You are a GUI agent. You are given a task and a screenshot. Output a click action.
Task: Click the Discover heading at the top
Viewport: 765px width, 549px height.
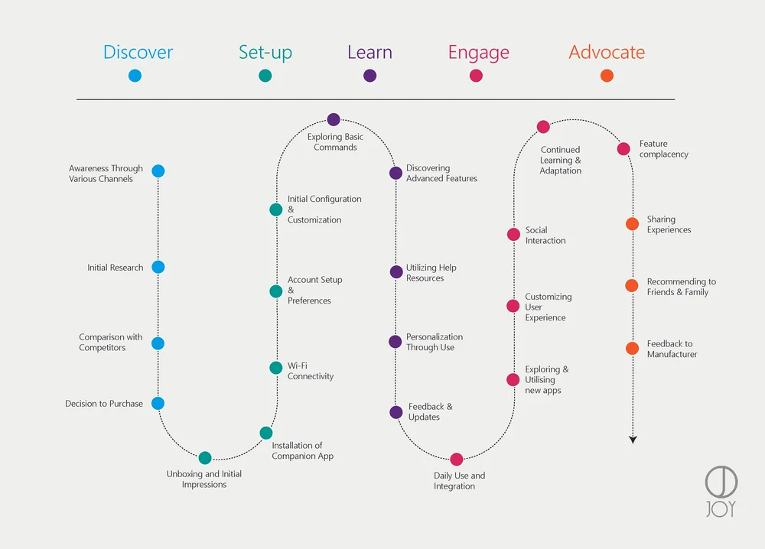coord(138,53)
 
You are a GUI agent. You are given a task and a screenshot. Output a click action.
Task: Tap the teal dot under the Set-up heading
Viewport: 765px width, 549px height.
coord(265,75)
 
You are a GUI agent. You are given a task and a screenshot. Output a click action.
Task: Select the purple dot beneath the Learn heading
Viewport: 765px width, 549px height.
coord(369,75)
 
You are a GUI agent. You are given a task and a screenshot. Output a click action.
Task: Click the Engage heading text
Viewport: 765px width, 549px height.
coord(478,53)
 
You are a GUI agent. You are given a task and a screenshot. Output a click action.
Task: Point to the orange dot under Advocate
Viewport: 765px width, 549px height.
coord(607,75)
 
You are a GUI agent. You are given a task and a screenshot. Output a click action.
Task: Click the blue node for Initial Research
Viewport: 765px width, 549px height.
coord(158,267)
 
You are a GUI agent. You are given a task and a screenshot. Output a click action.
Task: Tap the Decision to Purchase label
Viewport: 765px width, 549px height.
coord(104,404)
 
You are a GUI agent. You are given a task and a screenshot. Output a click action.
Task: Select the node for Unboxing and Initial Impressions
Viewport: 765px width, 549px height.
coord(205,458)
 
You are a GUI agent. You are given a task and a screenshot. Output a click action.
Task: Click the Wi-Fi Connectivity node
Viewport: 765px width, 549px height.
coord(276,368)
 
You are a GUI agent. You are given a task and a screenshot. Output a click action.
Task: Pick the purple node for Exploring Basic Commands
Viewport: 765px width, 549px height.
coord(334,119)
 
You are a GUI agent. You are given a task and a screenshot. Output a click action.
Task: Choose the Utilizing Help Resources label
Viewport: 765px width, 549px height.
coord(431,273)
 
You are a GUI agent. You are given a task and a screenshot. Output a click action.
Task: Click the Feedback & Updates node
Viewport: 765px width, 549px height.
coord(396,412)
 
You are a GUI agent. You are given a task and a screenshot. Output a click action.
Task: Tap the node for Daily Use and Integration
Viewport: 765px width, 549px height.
coord(457,460)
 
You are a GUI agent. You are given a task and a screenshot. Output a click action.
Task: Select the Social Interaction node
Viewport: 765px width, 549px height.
coord(513,235)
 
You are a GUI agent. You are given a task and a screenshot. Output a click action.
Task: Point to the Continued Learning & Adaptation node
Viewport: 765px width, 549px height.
coord(543,127)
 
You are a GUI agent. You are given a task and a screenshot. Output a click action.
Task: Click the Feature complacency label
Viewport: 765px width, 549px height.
coord(663,149)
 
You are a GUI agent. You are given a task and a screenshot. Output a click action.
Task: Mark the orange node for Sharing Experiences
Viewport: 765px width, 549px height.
coord(632,224)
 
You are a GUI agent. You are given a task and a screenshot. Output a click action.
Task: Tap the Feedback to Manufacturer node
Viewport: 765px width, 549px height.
coord(632,349)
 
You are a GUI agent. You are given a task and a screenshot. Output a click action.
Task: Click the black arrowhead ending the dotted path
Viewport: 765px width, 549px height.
coord(633,439)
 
